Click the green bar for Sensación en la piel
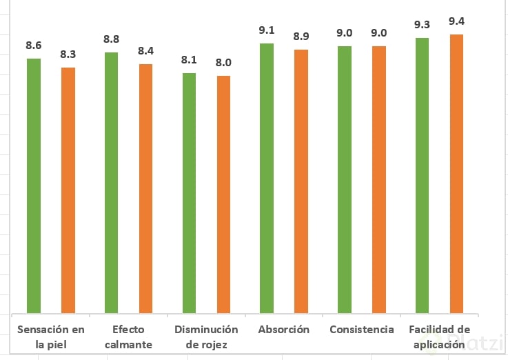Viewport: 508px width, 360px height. [x=34, y=186]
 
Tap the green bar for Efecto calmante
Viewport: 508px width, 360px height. [x=112, y=182]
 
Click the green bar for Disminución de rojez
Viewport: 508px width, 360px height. [x=189, y=192]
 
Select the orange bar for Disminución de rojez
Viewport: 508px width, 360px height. [x=223, y=194]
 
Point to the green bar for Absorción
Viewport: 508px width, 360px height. [x=267, y=178]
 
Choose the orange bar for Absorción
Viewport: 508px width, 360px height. [x=301, y=181]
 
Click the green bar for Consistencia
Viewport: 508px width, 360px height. [x=345, y=179]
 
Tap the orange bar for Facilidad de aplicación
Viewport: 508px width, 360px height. [x=456, y=174]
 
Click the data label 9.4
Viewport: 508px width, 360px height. [x=456, y=21]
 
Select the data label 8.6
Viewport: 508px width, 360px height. [x=34, y=45]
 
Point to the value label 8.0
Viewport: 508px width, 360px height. [x=223, y=62]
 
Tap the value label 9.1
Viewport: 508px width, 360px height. [x=267, y=30]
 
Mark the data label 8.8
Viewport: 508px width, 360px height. [x=112, y=39]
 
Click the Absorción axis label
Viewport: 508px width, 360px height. [x=284, y=330]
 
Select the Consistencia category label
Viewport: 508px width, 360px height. [x=362, y=330]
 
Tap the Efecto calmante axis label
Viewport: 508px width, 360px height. [x=129, y=337]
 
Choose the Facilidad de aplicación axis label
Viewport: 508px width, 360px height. [x=439, y=337]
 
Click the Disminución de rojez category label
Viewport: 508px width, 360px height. [x=206, y=337]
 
